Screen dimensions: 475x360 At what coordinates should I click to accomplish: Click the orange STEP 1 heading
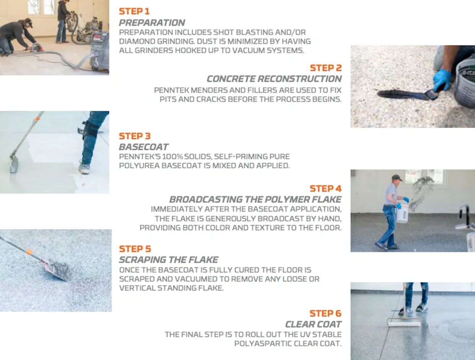[134, 11]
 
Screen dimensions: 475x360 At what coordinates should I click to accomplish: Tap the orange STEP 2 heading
[326, 68]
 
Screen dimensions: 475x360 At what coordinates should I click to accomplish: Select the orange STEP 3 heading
[134, 136]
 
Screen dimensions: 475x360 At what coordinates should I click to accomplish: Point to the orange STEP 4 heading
[326, 189]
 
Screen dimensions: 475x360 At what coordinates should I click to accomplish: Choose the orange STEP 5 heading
[135, 249]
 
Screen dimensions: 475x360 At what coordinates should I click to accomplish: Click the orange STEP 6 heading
[326, 314]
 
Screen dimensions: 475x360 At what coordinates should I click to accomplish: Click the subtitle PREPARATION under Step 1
[152, 23]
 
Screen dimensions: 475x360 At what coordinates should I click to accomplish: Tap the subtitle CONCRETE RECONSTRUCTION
[274, 79]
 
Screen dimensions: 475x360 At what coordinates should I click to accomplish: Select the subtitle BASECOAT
[144, 147]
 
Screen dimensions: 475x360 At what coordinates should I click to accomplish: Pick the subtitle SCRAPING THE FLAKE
[169, 260]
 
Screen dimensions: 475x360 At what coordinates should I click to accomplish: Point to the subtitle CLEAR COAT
[313, 324]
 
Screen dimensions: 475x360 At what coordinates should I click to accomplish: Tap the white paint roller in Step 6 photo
[404, 324]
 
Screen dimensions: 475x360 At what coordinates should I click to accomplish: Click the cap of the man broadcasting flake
[397, 178]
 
